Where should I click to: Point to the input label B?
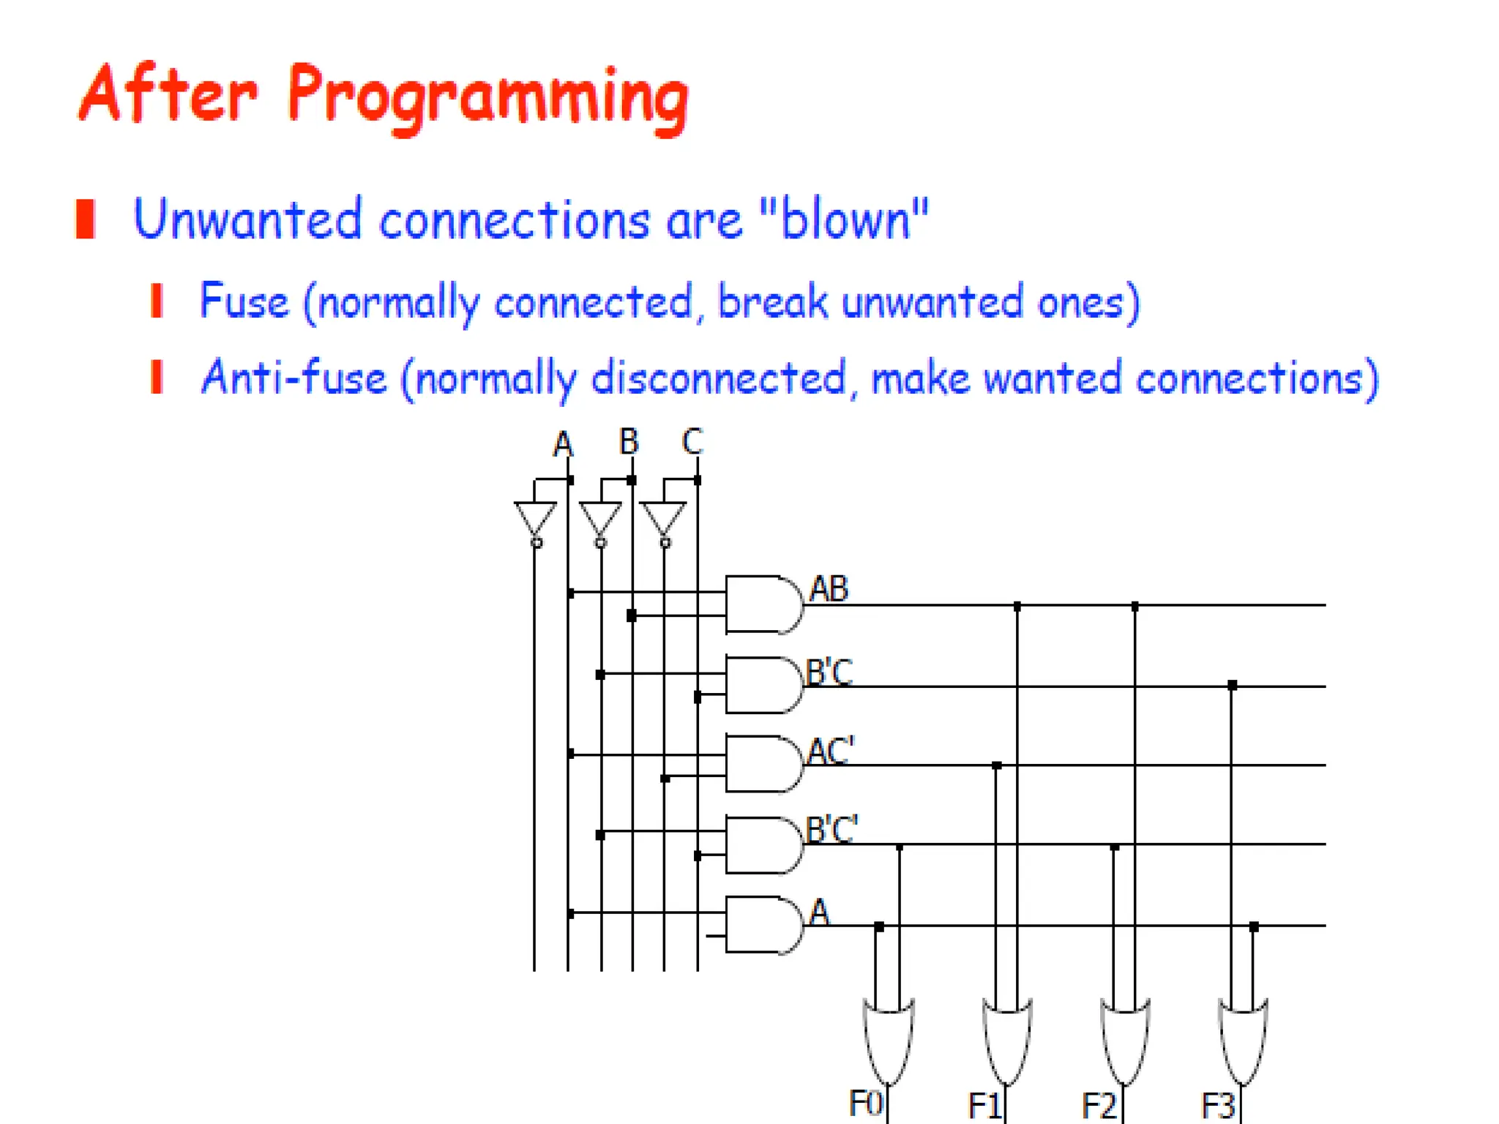629,442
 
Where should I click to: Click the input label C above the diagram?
692,442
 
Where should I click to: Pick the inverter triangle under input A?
535,520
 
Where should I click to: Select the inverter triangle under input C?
663,520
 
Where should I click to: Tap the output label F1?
984,1105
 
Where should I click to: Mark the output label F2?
1099,1105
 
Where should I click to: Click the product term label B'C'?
831,830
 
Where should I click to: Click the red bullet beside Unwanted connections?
86,219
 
